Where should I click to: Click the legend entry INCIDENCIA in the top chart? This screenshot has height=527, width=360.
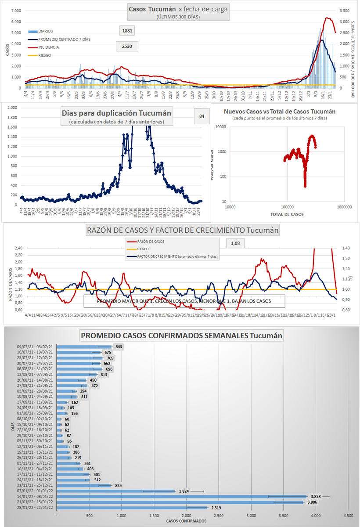click(49, 47)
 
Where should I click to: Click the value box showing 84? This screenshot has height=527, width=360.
click(202, 116)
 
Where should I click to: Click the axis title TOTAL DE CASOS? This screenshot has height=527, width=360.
click(286, 214)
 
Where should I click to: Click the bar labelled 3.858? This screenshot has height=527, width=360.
click(182, 497)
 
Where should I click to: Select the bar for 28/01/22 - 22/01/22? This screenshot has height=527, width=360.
click(132, 508)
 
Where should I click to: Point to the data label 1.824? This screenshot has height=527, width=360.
click(184, 491)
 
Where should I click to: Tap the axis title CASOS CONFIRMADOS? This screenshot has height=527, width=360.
click(186, 520)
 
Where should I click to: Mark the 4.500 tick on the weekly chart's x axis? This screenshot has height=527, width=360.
click(348, 514)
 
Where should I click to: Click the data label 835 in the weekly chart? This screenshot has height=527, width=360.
click(118, 485)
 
